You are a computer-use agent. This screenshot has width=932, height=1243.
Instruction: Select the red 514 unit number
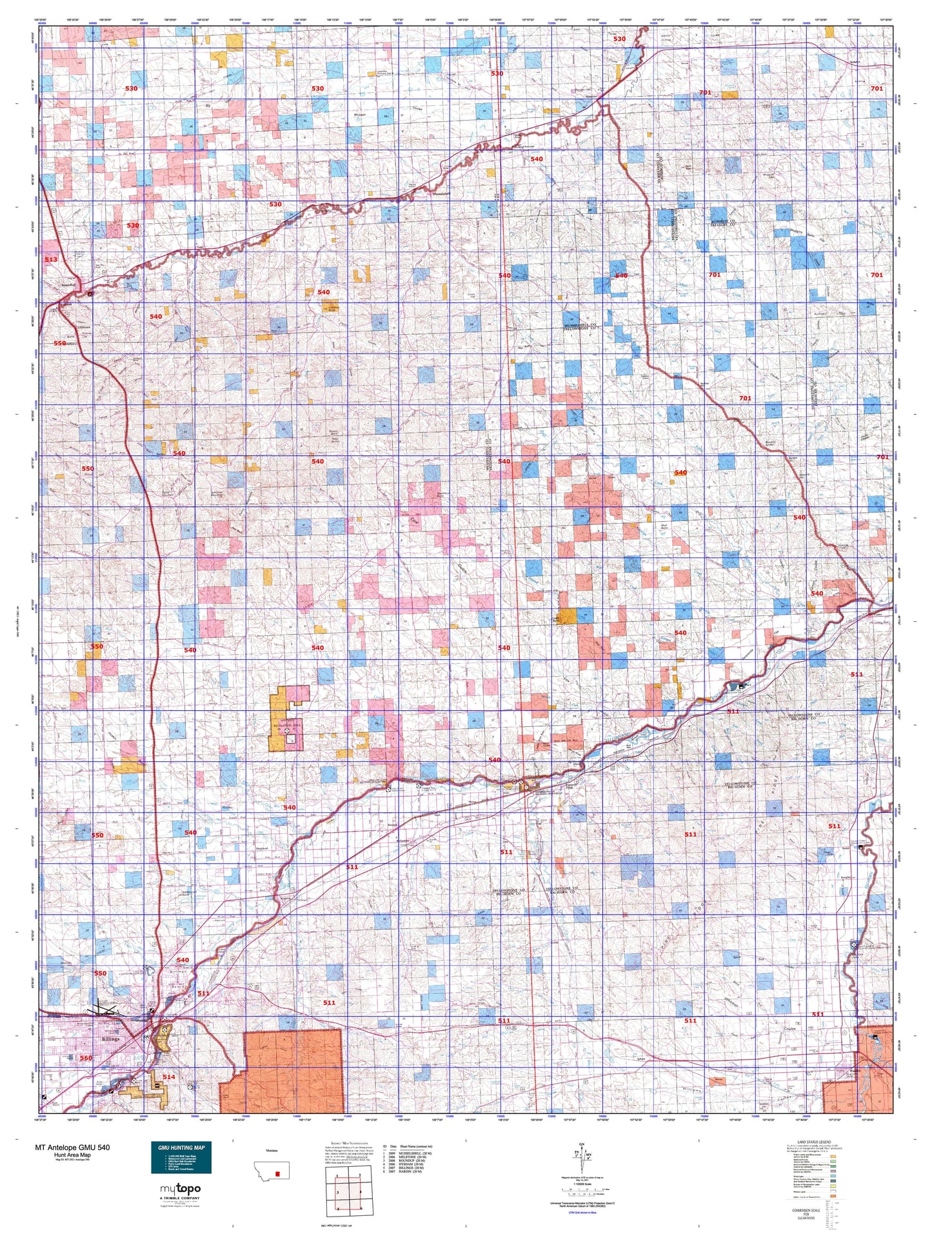point(168,1077)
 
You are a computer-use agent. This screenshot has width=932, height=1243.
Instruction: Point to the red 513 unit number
point(51,259)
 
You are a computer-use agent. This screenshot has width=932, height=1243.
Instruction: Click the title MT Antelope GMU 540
point(72,1148)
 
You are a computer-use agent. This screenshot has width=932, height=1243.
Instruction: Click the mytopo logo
point(180,1189)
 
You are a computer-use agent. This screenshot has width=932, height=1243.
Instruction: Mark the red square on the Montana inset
point(278,1174)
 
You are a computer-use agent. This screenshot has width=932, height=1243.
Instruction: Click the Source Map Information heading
point(349,1141)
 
